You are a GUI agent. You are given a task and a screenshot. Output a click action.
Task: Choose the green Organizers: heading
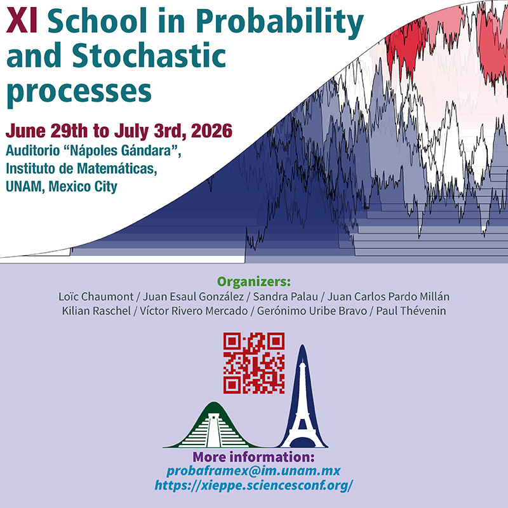[x=254, y=281]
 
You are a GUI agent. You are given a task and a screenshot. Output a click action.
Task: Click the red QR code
[x=253, y=363]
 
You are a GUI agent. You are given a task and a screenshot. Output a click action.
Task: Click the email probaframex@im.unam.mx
[x=254, y=471]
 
